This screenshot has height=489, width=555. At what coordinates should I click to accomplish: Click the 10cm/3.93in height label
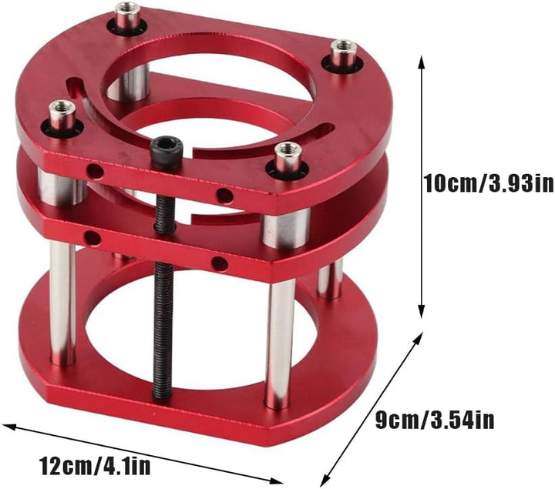click(489, 184)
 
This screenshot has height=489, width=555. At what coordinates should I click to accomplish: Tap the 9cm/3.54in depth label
click(435, 420)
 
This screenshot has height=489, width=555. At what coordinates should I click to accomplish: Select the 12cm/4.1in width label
click(95, 466)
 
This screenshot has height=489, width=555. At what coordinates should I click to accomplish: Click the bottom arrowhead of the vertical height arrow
click(421, 311)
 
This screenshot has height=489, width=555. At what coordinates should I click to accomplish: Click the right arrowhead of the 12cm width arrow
click(276, 481)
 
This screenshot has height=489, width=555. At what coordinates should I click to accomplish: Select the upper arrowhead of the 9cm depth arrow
click(418, 338)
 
